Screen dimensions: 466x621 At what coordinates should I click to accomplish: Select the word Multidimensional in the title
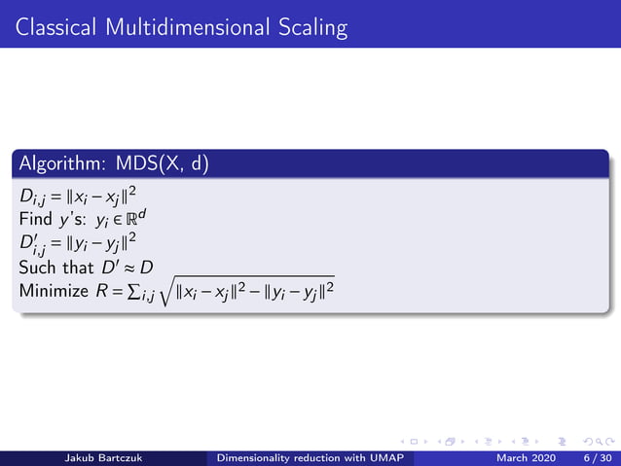[x=185, y=27]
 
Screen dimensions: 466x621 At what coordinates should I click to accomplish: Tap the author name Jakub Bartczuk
[x=107, y=458]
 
